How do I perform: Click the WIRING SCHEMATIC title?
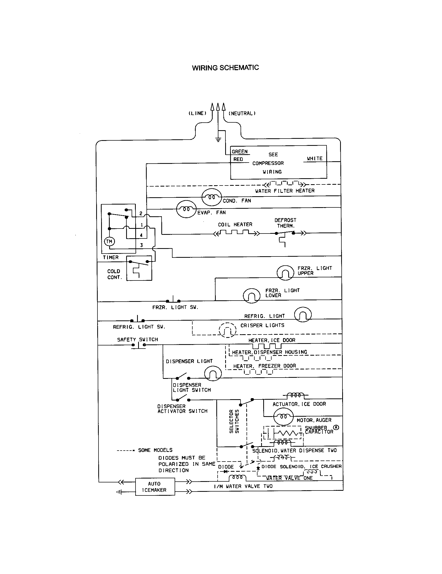pos(225,68)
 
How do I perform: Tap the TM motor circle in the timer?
pos(109,241)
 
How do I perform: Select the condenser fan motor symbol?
pos(212,197)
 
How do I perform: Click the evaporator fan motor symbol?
pos(186,209)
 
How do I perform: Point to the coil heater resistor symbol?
pos(236,232)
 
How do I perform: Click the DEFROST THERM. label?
pos(285,223)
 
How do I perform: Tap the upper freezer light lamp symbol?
pos(285,273)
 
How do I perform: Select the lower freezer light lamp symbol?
pos(251,296)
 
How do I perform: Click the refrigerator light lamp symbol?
pos(303,315)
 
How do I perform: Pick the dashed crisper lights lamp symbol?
pos(228,330)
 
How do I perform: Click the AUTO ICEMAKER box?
pos(155,487)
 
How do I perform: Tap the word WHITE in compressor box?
pos(315,158)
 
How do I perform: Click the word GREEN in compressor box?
pos(240,152)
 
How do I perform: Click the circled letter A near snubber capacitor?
pos(336,428)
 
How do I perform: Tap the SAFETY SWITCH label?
pos(138,339)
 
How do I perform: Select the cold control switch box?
pos(139,268)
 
